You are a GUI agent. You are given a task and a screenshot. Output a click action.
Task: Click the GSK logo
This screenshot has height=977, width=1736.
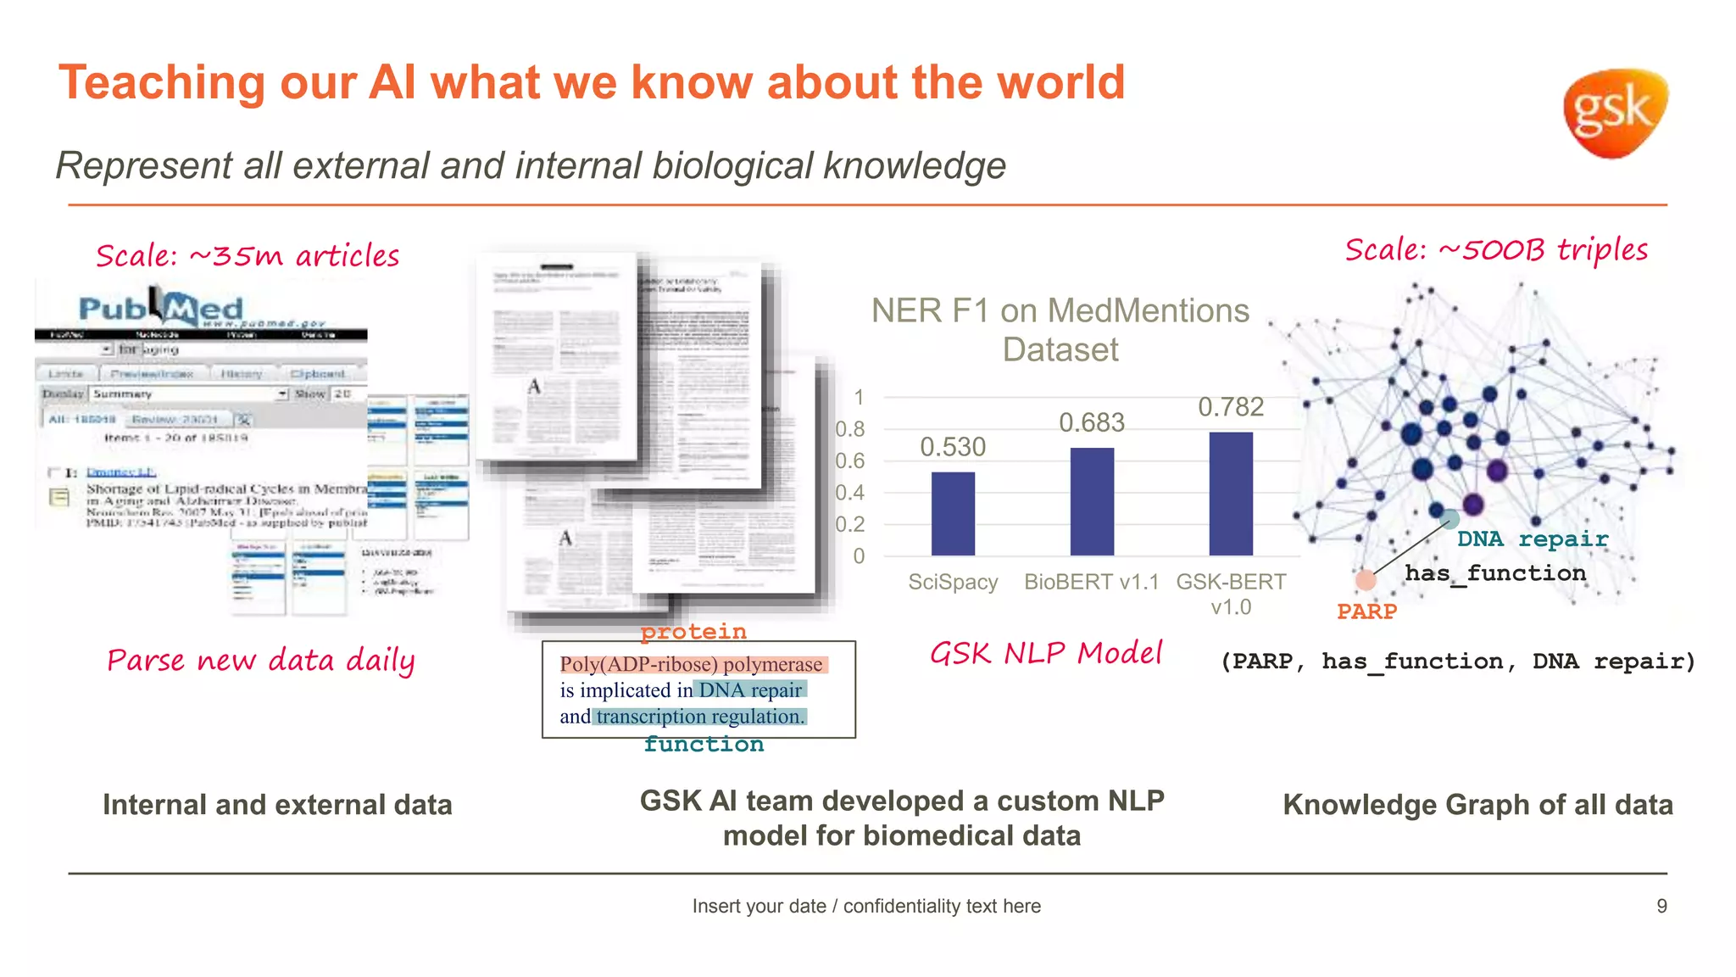[x=1615, y=113]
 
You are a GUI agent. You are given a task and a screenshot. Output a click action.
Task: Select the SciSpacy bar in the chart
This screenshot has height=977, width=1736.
[x=953, y=513]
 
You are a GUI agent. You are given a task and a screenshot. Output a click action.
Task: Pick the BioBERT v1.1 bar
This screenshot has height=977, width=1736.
[x=1092, y=501]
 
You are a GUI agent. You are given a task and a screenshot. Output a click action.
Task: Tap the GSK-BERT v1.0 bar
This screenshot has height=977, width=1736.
[x=1231, y=494]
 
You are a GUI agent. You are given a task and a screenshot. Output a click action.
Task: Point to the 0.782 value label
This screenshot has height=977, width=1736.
[x=1231, y=407]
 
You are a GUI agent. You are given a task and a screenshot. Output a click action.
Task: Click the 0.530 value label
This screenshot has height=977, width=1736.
[x=953, y=447]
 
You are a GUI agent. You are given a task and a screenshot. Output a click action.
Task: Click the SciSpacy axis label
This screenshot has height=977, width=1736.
[x=953, y=582]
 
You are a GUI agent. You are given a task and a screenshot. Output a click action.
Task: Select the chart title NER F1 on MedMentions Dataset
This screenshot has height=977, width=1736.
[x=1060, y=330]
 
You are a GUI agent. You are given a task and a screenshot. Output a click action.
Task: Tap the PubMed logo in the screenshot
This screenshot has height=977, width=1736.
[x=161, y=309]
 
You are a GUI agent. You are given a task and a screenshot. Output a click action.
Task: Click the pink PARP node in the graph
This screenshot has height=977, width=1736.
[x=1365, y=580]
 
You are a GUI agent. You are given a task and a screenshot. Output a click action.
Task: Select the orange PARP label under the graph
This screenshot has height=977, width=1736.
[x=1366, y=611]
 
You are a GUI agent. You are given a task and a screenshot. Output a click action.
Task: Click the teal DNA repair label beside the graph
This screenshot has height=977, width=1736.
[x=1533, y=539]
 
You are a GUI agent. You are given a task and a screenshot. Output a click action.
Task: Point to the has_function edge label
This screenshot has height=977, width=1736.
[x=1495, y=574]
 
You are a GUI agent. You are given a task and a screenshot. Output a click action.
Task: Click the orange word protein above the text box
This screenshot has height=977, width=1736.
[x=693, y=632]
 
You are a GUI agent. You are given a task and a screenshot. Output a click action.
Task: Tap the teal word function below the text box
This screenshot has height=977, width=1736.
[x=704, y=745]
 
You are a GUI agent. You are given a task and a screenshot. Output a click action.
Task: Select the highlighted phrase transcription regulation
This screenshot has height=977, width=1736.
[x=700, y=717]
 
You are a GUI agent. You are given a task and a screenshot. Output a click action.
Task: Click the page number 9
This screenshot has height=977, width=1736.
[x=1661, y=906]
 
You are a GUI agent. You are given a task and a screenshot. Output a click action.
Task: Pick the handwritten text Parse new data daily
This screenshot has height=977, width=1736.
[x=261, y=661]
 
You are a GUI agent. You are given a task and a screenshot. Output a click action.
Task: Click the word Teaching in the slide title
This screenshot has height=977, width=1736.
[x=162, y=83]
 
